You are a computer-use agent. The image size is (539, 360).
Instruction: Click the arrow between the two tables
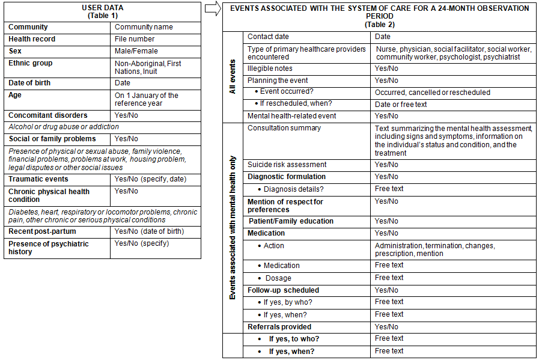212,8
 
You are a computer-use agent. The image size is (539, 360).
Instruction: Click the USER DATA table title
103,11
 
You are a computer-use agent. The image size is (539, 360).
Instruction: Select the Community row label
28,27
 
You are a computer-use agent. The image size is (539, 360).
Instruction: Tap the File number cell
135,39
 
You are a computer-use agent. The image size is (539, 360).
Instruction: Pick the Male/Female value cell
135,51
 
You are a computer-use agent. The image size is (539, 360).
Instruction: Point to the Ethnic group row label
30,63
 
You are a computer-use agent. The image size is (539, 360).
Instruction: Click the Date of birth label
29,83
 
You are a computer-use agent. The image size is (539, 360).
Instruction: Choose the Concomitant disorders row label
47,115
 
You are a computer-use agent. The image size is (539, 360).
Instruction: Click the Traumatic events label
38,179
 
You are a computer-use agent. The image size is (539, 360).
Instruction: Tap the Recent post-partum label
41,231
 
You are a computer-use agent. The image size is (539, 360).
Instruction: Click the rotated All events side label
234,76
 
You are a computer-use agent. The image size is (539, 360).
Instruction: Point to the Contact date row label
269,37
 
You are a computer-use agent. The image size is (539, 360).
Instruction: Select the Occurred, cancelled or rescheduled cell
432,93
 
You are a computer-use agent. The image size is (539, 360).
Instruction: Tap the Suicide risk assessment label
287,165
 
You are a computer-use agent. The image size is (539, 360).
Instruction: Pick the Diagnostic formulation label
287,177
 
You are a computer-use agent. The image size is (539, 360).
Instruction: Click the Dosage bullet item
278,278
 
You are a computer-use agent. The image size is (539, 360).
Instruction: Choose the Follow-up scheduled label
284,290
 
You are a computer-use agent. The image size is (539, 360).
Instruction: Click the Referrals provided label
279,327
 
